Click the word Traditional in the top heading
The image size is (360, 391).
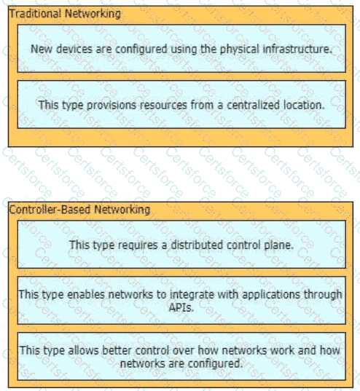tap(35, 13)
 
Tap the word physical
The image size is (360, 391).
tap(240, 50)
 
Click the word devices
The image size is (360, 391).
tap(74, 49)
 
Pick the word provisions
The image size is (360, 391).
tap(111, 106)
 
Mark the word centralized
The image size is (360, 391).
tap(253, 105)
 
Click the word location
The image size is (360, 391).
tap(304, 105)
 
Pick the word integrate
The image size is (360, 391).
tap(192, 295)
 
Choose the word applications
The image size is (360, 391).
tap(271, 295)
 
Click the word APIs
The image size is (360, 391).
tap(181, 307)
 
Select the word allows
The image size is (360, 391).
tap(84, 350)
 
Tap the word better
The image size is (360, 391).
tap(117, 350)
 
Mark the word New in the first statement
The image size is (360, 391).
tap(42, 49)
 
